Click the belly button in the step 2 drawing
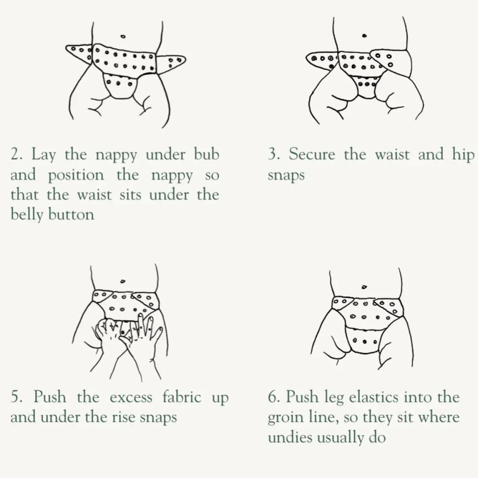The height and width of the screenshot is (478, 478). click(x=123, y=36)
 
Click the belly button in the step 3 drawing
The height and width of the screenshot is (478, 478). click(x=364, y=36)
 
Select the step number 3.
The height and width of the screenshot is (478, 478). click(x=273, y=155)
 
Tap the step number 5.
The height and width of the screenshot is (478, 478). click(x=16, y=398)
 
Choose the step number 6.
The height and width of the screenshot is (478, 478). click(x=273, y=398)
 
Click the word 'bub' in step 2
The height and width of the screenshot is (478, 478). click(x=206, y=155)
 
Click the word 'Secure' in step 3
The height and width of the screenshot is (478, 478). click(x=312, y=155)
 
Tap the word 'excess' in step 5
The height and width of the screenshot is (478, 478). click(x=131, y=398)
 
